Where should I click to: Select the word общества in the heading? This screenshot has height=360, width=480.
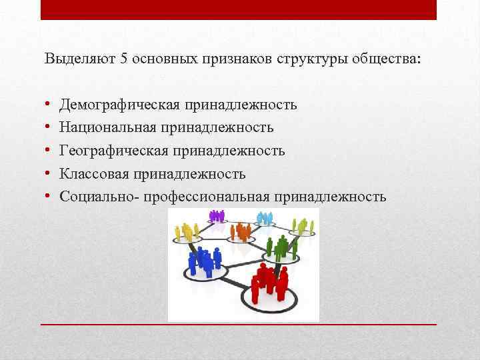(390, 58)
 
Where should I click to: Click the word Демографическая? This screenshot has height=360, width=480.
(122, 105)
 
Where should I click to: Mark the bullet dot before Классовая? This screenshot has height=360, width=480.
(49, 174)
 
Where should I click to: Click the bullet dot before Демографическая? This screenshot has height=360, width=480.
(49, 105)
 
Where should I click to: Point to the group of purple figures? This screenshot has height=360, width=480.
(217, 216)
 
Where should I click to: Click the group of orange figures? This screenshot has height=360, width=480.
(240, 231)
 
